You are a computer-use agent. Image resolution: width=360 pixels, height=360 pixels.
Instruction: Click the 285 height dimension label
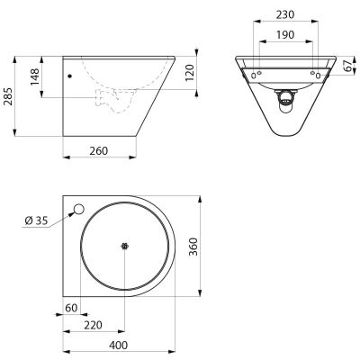8,96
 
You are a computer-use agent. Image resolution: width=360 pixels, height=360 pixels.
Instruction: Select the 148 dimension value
34,76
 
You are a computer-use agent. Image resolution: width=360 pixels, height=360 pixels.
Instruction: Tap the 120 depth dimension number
190,73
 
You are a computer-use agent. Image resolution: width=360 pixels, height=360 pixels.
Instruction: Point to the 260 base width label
98,151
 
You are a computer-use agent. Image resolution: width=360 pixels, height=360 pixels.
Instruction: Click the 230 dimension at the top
285,14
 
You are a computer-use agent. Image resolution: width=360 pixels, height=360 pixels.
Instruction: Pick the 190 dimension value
285,35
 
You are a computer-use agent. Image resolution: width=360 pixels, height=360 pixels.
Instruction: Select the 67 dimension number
347,66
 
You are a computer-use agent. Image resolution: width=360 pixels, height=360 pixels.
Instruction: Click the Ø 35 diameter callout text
36,220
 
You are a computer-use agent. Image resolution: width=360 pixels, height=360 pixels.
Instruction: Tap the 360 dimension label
193,247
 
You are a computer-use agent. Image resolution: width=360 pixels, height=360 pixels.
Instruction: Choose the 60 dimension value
71,308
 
